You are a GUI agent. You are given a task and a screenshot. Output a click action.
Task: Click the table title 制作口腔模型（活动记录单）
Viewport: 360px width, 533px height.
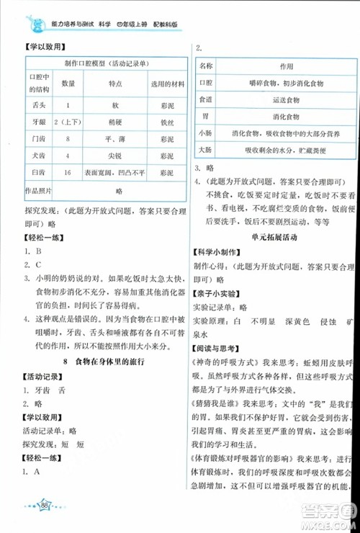point(106,63)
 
